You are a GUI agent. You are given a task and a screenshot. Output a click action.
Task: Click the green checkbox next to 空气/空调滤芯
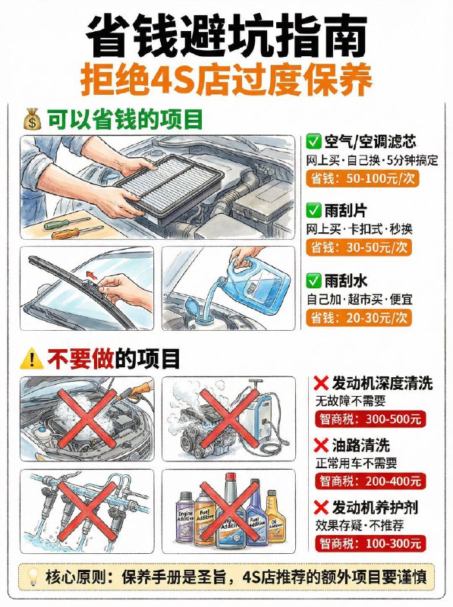click(x=313, y=142)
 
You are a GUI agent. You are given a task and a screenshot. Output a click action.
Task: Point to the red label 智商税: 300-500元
click(x=368, y=419)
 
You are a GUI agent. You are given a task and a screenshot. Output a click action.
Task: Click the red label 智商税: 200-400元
click(x=368, y=480)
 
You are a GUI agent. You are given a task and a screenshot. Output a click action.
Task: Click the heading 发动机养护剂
click(x=374, y=507)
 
